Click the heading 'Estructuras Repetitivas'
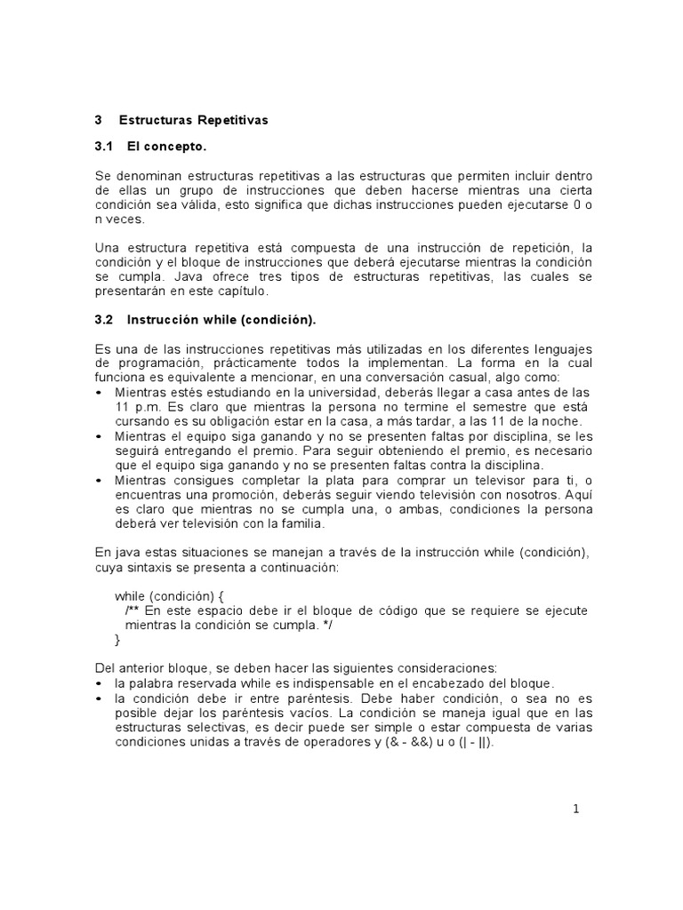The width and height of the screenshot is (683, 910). tap(193, 119)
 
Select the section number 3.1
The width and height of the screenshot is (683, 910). tap(105, 146)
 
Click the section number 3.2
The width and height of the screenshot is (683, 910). tap(105, 318)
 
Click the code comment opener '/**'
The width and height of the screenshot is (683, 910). tap(133, 611)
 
